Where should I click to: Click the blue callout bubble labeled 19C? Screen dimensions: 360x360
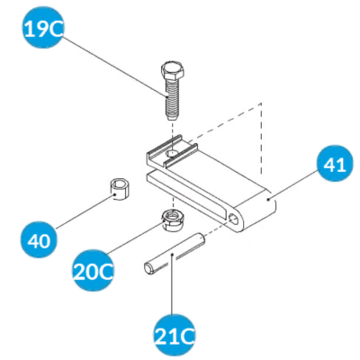[x=43, y=28]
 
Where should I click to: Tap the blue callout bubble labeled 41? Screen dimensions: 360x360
[x=335, y=164]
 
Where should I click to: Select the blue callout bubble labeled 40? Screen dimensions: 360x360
[x=40, y=240]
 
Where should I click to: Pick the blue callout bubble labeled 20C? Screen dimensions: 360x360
[x=93, y=272]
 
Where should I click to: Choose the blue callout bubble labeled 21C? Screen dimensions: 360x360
[x=175, y=336]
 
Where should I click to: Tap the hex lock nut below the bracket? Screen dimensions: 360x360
[x=173, y=220]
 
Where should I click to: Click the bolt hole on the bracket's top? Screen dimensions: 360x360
[x=173, y=154]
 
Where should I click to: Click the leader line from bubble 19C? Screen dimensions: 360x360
[x=114, y=67]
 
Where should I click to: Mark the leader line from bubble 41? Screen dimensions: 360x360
[x=294, y=184]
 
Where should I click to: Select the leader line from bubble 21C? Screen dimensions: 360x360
[x=172, y=284]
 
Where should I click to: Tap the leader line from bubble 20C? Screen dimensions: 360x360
[x=134, y=238]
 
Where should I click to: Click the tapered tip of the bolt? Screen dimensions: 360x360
[x=172, y=117]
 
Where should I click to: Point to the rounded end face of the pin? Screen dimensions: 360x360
[x=148, y=268]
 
